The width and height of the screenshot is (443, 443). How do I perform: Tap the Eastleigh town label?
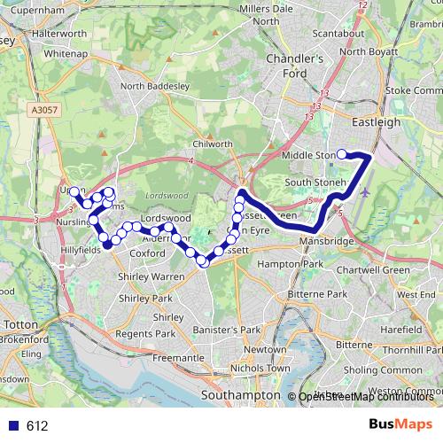pyautogui.click(x=376, y=121)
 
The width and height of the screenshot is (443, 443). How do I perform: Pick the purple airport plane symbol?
pyautogui.click(x=366, y=190)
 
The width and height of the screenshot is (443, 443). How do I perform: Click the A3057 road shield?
pyautogui.click(x=43, y=109)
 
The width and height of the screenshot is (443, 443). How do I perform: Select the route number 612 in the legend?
pyautogui.click(x=36, y=426)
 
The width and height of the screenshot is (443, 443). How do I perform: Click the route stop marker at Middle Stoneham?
pyautogui.click(x=341, y=155)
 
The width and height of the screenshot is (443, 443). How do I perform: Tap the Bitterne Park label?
pyautogui.click(x=322, y=293)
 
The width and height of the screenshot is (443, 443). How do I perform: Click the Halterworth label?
pyautogui.click(x=59, y=34)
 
